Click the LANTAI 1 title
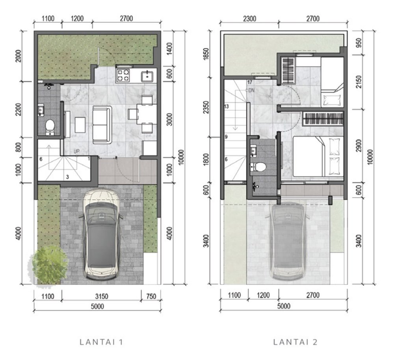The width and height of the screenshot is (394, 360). click(101, 342)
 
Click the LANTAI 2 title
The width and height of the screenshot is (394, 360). click(295, 342)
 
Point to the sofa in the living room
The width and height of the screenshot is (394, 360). click(102, 125)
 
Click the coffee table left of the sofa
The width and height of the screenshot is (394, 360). click(80, 125)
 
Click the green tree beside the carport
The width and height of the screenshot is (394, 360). click(49, 264)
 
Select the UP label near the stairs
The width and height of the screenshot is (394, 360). click(77, 152)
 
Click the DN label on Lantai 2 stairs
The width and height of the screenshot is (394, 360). click(251, 91)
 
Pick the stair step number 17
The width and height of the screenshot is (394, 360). click(249, 82)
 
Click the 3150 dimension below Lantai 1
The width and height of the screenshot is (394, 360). click(102, 297)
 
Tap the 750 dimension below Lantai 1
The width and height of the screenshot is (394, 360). click(151, 297)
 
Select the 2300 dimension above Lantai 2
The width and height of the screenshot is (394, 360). click(250, 19)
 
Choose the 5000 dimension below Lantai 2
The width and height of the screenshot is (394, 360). click(284, 306)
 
